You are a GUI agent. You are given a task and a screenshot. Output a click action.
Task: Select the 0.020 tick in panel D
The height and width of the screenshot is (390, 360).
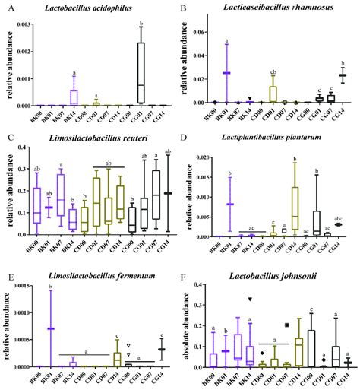(x=201, y=157)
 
